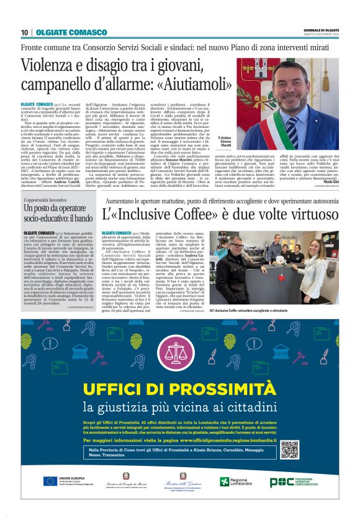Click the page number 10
coord(24,32)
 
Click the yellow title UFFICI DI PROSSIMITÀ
coord(180,389)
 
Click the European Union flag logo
coord(51,481)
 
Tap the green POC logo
coord(280,481)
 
